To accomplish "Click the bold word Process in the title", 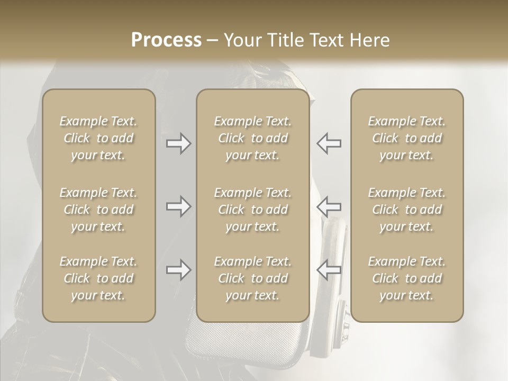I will pyautogui.click(x=166, y=40).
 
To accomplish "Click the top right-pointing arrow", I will pyautogui.click(x=179, y=143).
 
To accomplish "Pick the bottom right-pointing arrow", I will pyautogui.click(x=179, y=270).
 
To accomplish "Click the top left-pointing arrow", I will pyautogui.click(x=329, y=143).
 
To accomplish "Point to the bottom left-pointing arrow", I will pyautogui.click(x=329, y=270).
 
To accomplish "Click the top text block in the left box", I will pyautogui.click(x=98, y=138).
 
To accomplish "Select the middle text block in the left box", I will pyautogui.click(x=98, y=210).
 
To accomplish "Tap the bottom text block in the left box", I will pyautogui.click(x=98, y=278).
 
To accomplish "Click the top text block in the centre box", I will pyautogui.click(x=252, y=138).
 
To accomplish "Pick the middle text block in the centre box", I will pyautogui.click(x=252, y=210).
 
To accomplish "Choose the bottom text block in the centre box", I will pyautogui.click(x=252, y=278).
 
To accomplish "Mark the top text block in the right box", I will pyautogui.click(x=406, y=138).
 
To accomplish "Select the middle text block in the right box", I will pyautogui.click(x=406, y=210).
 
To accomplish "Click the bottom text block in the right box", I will pyautogui.click(x=406, y=278).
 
